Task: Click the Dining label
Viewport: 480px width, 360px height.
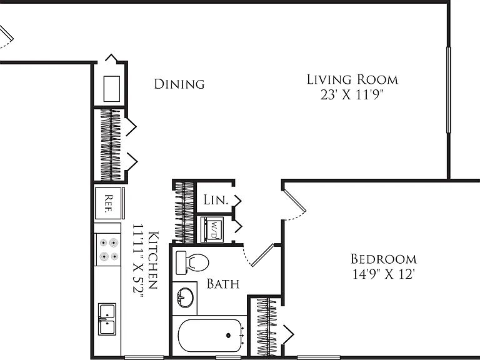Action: pos(179,84)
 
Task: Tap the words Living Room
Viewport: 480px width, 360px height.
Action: pos(352,79)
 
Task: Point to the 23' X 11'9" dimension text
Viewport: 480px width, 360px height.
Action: pos(352,95)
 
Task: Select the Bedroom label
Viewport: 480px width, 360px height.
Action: pos(384,259)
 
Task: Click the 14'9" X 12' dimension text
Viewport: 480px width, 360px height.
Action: pos(384,274)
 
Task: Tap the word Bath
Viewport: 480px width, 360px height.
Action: pos(223,284)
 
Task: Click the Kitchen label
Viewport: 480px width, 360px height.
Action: pos(153,260)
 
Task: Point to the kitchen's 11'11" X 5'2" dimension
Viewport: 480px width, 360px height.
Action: pos(138,262)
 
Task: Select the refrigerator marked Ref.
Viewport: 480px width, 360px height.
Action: pos(108,203)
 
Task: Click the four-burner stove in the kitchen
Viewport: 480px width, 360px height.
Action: pos(107,249)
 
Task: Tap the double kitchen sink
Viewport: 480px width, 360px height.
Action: pos(107,319)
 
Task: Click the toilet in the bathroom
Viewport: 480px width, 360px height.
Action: pos(192,262)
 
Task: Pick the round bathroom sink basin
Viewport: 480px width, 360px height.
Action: pos(185,297)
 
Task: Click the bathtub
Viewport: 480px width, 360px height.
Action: pos(210,336)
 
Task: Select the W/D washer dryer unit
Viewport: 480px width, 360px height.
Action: pos(212,229)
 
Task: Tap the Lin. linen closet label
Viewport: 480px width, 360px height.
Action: pos(216,200)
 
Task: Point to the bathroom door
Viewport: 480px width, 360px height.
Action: pos(262,255)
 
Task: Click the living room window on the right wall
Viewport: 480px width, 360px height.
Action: pos(449,90)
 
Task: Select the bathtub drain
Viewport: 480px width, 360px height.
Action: pos(228,336)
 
